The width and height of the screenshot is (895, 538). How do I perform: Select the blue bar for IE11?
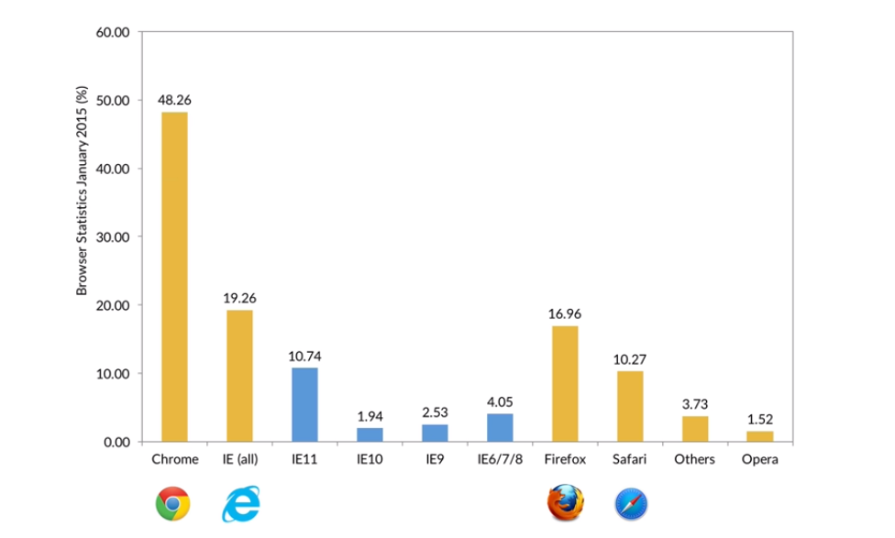pyautogui.click(x=304, y=404)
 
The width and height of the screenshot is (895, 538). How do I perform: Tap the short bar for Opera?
pyautogui.click(x=759, y=436)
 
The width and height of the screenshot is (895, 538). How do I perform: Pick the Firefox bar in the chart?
pyautogui.click(x=565, y=383)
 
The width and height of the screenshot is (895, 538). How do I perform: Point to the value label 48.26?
pyautogui.click(x=174, y=99)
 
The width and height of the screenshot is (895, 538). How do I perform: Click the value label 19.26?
pyautogui.click(x=239, y=298)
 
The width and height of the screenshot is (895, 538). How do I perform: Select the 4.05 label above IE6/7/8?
pyautogui.click(x=500, y=401)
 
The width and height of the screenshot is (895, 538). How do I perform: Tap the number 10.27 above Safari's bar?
pyautogui.click(x=630, y=358)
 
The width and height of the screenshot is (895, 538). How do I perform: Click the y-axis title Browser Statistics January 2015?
pyautogui.click(x=83, y=191)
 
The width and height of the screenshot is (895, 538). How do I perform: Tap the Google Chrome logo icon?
pyautogui.click(x=173, y=503)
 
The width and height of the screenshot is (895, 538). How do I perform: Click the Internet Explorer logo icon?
pyautogui.click(x=242, y=503)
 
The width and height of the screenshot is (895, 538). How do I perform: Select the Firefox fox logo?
pyautogui.click(x=565, y=503)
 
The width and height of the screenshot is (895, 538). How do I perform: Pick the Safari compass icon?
pyautogui.click(x=631, y=503)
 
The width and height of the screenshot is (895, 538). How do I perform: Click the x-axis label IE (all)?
pyautogui.click(x=239, y=459)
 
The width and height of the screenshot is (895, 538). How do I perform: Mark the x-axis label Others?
pyautogui.click(x=694, y=459)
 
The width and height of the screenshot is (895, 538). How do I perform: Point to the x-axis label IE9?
pyautogui.click(x=435, y=459)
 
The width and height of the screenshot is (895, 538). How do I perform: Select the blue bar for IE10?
pyautogui.click(x=370, y=434)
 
